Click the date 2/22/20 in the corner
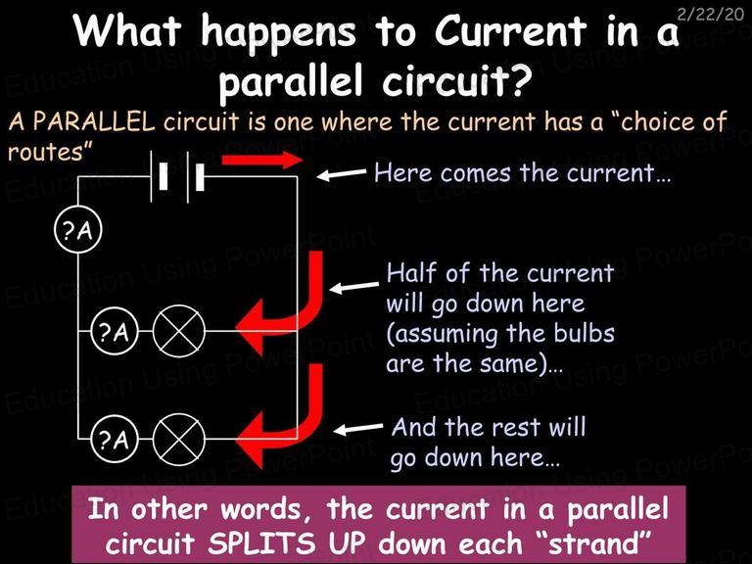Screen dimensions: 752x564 pos(710,14)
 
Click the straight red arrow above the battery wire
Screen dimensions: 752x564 pos(261,160)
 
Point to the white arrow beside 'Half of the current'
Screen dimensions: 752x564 pos(353,287)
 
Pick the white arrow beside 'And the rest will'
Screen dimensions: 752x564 pos(358,428)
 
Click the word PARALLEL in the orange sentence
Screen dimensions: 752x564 pos(94,121)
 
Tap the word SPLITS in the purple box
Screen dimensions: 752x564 pos(261,543)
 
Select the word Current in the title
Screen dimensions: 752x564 pos(510,31)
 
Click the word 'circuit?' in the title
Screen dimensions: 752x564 pos(457,78)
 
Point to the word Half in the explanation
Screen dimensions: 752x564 pos(411,273)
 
